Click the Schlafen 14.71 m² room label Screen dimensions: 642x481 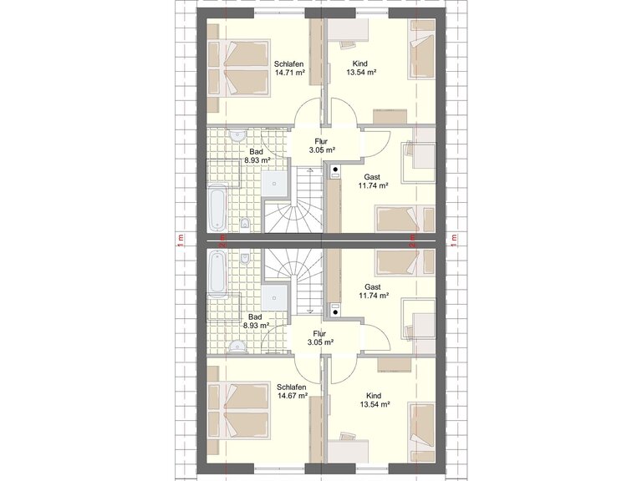pos(289,68)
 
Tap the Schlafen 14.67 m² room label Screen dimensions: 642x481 pos(292,392)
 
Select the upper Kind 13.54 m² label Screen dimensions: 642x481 pos(361,68)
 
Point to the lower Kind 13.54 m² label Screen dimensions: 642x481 pos(374,400)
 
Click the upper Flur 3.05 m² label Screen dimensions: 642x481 pos(322,145)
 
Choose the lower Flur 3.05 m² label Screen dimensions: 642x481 pos(320,338)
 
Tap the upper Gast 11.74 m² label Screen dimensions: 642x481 pos(373,181)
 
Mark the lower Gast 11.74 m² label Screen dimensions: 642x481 pos(374,291)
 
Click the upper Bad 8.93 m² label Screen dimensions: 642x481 pos(257,156)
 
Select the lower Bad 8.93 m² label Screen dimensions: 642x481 pos(256,321)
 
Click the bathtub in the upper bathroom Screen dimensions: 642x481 pos(217,207)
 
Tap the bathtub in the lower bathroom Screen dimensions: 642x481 pos(217,274)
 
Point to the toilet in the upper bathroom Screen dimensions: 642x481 pos(245,225)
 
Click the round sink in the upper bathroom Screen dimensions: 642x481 pos(237,135)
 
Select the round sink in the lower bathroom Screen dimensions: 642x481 pos(237,347)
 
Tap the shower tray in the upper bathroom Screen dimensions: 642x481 pos(274,184)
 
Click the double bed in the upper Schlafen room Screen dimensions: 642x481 pos(239,68)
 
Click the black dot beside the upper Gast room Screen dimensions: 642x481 pos(335,169)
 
